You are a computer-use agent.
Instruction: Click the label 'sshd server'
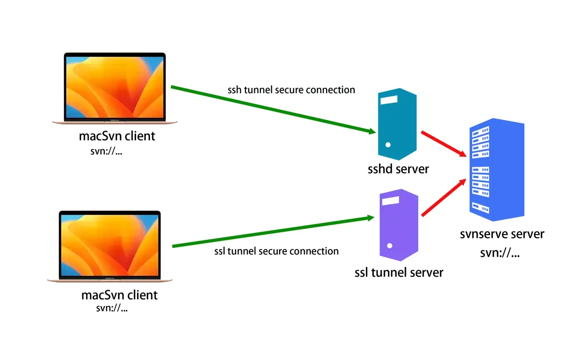pyautogui.click(x=398, y=169)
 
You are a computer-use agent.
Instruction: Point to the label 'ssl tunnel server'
pyautogui.click(x=399, y=273)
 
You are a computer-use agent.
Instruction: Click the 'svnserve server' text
pyautogui.click(x=502, y=234)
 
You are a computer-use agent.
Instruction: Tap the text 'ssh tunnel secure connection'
pyautogui.click(x=291, y=90)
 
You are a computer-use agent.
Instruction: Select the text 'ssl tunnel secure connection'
pyautogui.click(x=276, y=251)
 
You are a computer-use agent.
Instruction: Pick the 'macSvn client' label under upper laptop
pyautogui.click(x=117, y=136)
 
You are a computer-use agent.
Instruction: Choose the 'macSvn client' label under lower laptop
pyautogui.click(x=119, y=295)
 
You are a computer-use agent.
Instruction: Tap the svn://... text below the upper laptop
pyautogui.click(x=106, y=151)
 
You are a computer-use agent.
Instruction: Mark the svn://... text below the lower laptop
pyautogui.click(x=111, y=308)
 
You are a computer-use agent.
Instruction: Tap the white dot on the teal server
pyautogui.click(x=388, y=145)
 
